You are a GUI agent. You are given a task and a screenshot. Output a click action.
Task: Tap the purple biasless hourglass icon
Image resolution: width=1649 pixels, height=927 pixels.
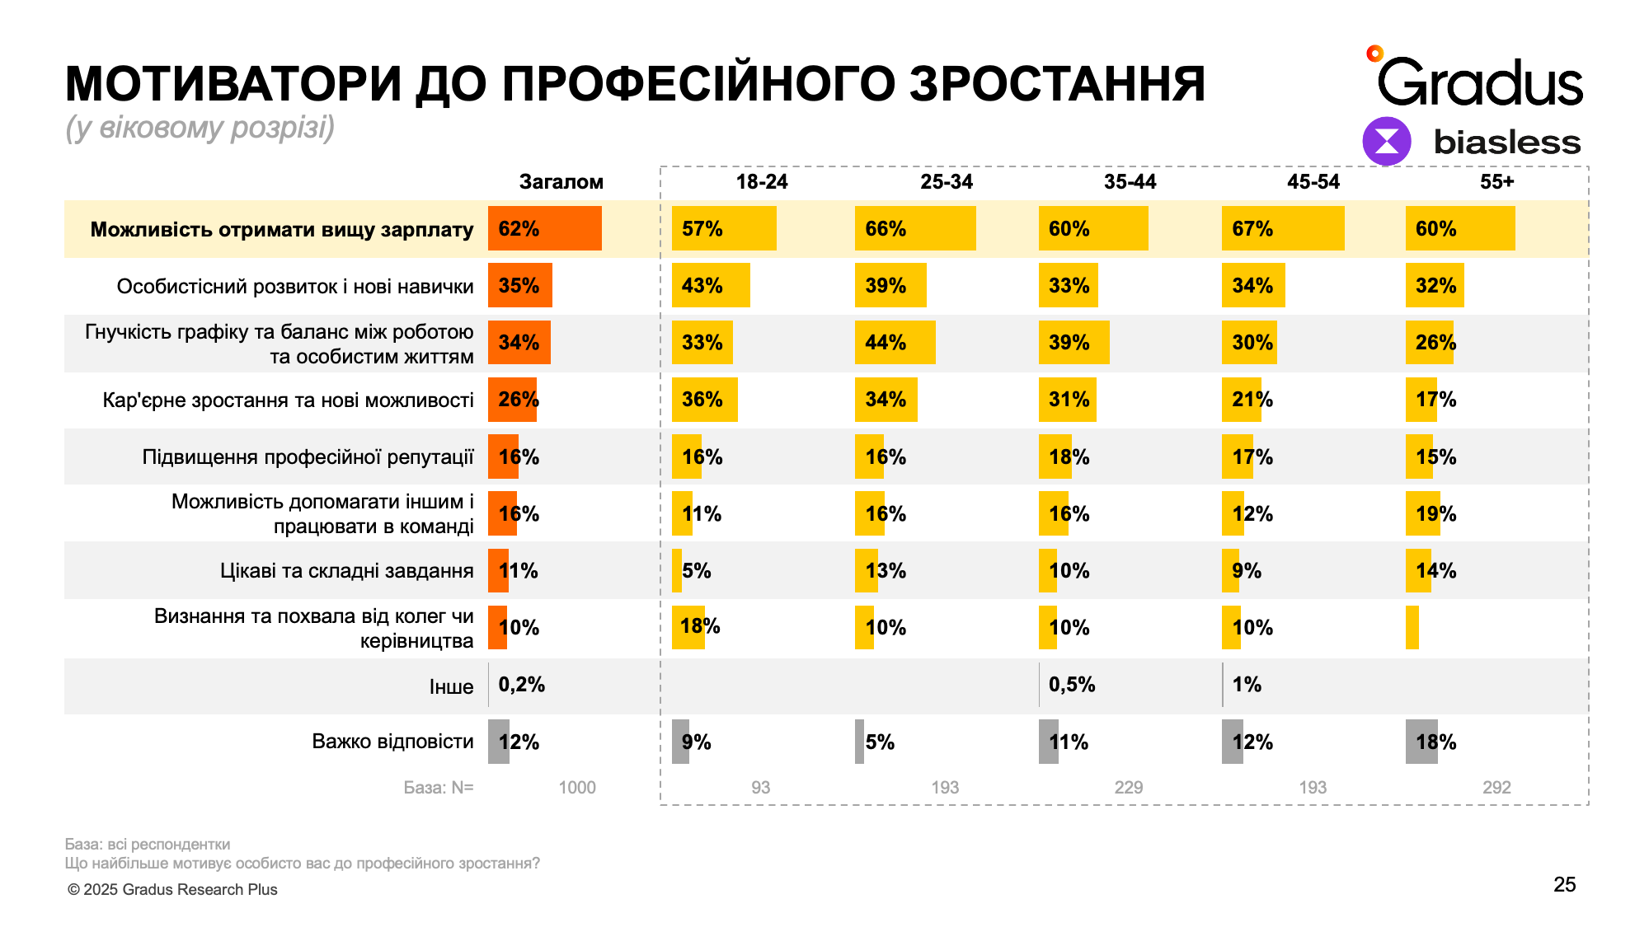pos(1387,141)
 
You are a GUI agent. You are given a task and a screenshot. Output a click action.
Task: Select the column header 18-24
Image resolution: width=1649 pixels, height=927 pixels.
pos(761,182)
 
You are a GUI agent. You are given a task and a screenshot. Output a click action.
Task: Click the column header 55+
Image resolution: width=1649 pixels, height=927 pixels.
pos(1496,182)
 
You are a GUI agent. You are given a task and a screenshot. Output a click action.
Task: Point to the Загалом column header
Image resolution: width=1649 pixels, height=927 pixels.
pos(561,182)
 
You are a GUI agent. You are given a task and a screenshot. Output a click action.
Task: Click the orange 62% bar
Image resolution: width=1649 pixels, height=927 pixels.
pos(545,228)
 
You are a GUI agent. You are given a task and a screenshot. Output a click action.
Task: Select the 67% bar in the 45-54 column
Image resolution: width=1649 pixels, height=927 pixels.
pos(1283,228)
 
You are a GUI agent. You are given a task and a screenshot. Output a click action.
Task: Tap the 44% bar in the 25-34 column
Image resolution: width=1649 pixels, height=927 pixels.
pos(895,342)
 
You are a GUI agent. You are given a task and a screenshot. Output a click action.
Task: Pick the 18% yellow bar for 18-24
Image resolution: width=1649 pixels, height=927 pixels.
pos(688,627)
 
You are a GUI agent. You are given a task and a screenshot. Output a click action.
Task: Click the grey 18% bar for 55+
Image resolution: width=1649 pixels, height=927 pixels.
pos(1421,742)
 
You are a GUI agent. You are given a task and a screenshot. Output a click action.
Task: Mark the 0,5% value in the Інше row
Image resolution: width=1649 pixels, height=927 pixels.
pos(1072,685)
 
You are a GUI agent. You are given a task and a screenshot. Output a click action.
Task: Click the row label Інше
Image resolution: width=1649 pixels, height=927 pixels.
pos(451,687)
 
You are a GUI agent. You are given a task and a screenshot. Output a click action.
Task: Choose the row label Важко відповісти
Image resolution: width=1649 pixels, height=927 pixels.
pos(392,742)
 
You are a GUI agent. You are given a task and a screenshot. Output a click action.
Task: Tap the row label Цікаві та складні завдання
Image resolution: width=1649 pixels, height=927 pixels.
pos(346,571)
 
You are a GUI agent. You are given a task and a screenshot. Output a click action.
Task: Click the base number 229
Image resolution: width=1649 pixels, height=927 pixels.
pos(1129,788)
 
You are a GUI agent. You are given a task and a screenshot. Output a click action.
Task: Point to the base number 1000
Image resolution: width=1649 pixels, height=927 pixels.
pos(577,788)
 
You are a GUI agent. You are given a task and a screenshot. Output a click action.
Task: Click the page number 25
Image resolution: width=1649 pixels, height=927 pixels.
pos(1564,885)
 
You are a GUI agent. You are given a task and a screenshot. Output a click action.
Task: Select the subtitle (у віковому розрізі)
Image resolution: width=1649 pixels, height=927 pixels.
pos(200,128)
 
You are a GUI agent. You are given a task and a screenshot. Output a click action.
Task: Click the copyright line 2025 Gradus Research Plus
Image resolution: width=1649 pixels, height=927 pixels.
pos(172,890)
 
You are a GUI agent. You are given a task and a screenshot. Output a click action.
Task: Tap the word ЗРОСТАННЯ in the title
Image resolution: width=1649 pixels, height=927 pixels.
pos(1057,84)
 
